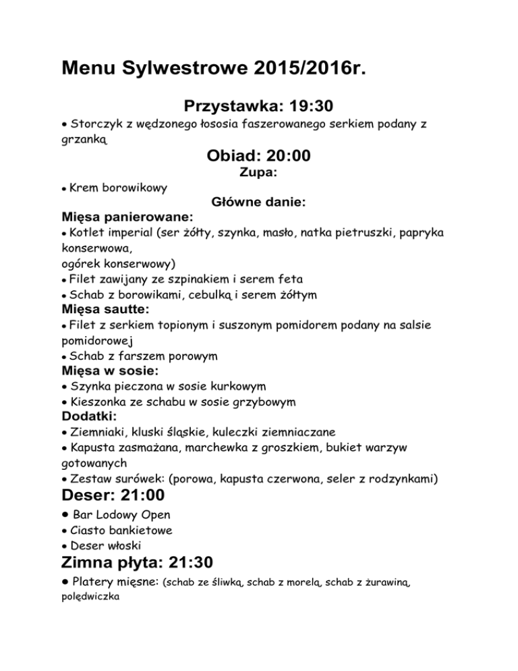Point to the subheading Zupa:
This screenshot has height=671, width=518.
259,173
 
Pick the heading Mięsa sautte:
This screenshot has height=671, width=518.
105,309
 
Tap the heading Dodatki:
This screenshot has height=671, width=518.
91,417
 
